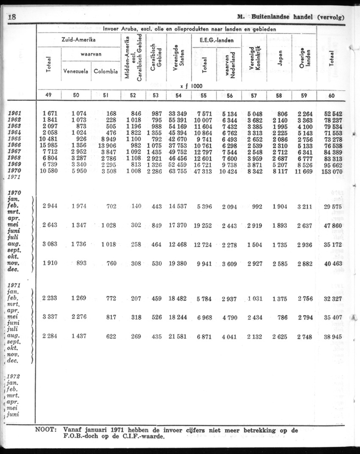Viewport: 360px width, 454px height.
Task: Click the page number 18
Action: click(11, 17)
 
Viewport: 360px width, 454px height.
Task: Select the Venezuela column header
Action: click(76, 71)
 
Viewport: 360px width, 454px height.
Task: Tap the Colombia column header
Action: click(105, 71)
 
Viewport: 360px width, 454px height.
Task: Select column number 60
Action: click(331, 96)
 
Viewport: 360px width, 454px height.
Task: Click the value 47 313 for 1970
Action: click(204, 171)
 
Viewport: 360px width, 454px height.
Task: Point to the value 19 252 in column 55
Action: click(203, 225)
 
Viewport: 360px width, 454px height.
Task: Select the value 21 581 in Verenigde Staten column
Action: click(178, 336)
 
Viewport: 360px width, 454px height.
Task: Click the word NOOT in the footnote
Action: click(46, 430)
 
